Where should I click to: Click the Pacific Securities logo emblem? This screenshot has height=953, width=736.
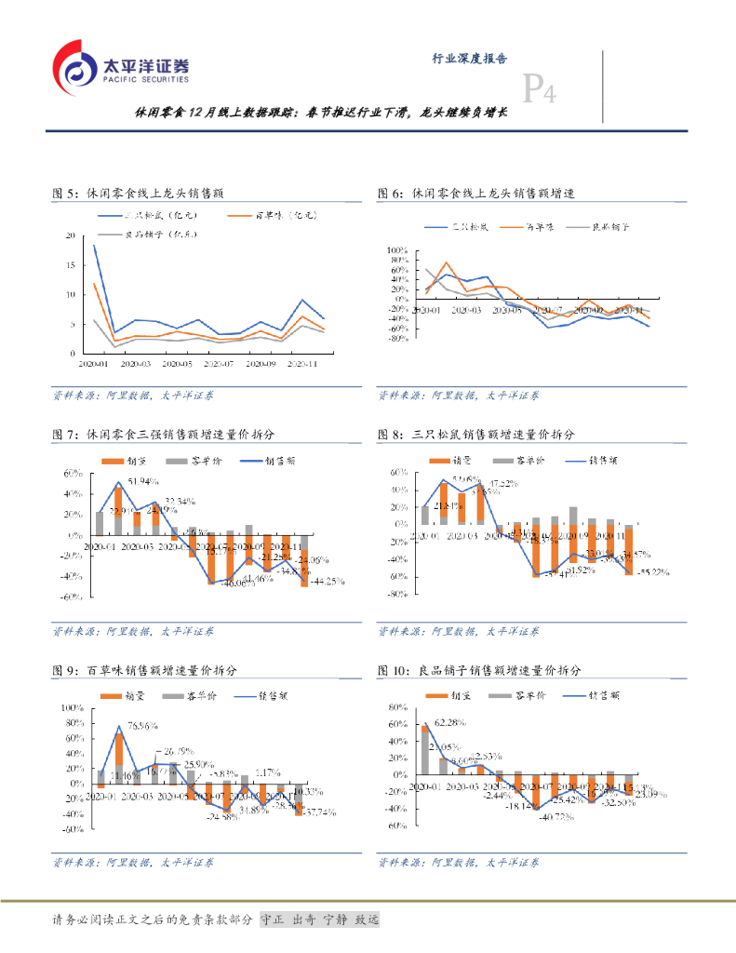(74, 67)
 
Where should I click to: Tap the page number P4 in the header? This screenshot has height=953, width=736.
(539, 89)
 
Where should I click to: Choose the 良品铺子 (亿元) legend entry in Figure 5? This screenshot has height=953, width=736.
(159, 235)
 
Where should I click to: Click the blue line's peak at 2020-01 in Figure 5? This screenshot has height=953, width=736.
(94, 246)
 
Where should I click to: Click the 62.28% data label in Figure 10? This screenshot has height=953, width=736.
(450, 722)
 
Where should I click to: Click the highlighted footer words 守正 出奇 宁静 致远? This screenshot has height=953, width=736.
(319, 919)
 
